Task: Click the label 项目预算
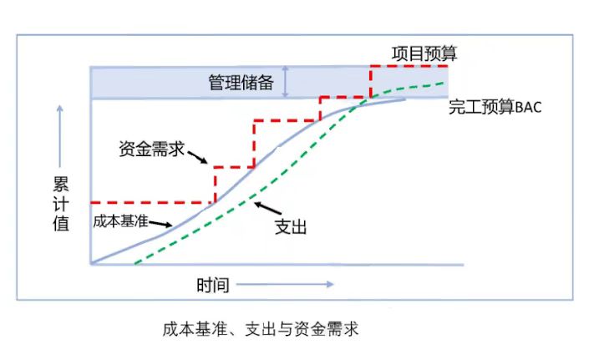(424, 53)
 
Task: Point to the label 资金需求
(151, 148)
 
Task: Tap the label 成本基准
(121, 222)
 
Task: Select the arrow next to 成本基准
(161, 225)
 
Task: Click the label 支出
(290, 227)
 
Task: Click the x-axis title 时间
(212, 285)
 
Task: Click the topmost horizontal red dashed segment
(409, 66)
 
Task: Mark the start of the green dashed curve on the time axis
(135, 263)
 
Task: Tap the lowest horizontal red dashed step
(150, 202)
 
